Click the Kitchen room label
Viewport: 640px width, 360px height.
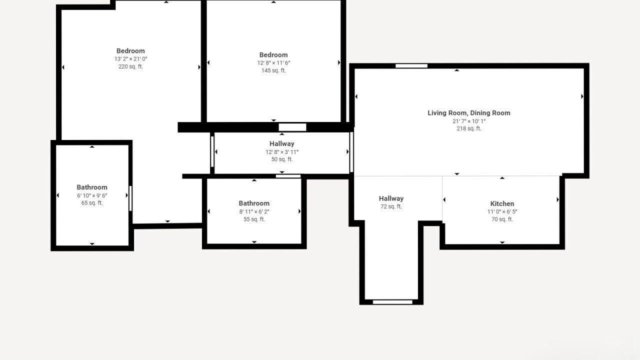pyautogui.click(x=502, y=203)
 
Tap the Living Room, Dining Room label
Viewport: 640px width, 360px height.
pyautogui.click(x=469, y=113)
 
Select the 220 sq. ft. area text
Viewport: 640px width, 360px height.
pyautogui.click(x=130, y=66)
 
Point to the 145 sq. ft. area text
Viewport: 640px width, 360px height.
pyautogui.click(x=273, y=70)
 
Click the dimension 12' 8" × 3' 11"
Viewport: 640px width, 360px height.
pyautogui.click(x=282, y=152)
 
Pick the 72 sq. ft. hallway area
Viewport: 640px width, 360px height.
pyautogui.click(x=391, y=206)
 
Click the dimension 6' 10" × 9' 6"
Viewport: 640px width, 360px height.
pyautogui.click(x=92, y=195)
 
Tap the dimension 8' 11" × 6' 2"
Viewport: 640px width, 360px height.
pyautogui.click(x=254, y=211)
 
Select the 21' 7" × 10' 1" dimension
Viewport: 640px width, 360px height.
pyautogui.click(x=469, y=121)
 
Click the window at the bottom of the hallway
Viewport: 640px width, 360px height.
pyautogui.click(x=392, y=302)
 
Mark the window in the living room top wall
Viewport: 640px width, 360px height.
pyautogui.click(x=411, y=66)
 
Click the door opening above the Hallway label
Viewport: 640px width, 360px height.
pyautogui.click(x=292, y=127)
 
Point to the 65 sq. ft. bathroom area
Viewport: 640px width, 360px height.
pyautogui.click(x=92, y=203)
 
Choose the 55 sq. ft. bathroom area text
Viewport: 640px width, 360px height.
pyautogui.click(x=254, y=219)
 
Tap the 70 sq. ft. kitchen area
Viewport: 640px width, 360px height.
pyautogui.click(x=502, y=219)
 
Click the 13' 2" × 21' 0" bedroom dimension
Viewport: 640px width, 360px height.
pyautogui.click(x=130, y=59)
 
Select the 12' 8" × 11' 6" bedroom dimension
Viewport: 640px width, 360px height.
pyautogui.click(x=273, y=63)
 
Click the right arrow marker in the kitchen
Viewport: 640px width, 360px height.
pyautogui.click(x=557, y=199)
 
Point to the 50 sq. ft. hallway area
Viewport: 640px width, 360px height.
pyautogui.click(x=282, y=159)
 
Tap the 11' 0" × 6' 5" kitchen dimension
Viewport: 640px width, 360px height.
pyautogui.click(x=502, y=211)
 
